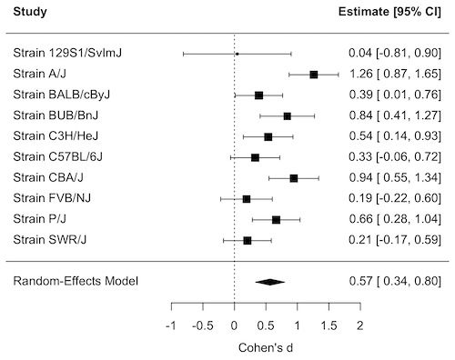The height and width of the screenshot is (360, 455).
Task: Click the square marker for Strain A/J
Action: (314, 75)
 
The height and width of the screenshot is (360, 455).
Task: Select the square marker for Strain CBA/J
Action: (294, 178)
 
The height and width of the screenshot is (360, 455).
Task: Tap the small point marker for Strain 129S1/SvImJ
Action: (238, 54)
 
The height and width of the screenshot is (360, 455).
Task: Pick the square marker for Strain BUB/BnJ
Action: (288, 115)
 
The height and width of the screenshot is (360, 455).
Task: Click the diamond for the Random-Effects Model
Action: (270, 281)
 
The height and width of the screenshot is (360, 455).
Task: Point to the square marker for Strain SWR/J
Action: (248, 240)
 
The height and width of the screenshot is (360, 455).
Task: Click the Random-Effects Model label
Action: (76, 281)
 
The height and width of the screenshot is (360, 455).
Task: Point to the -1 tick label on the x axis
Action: (171, 325)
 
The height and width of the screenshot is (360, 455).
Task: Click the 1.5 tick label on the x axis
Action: (329, 325)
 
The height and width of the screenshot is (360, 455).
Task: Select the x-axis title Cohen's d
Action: (266, 347)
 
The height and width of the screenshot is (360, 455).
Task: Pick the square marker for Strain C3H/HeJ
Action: (268, 136)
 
